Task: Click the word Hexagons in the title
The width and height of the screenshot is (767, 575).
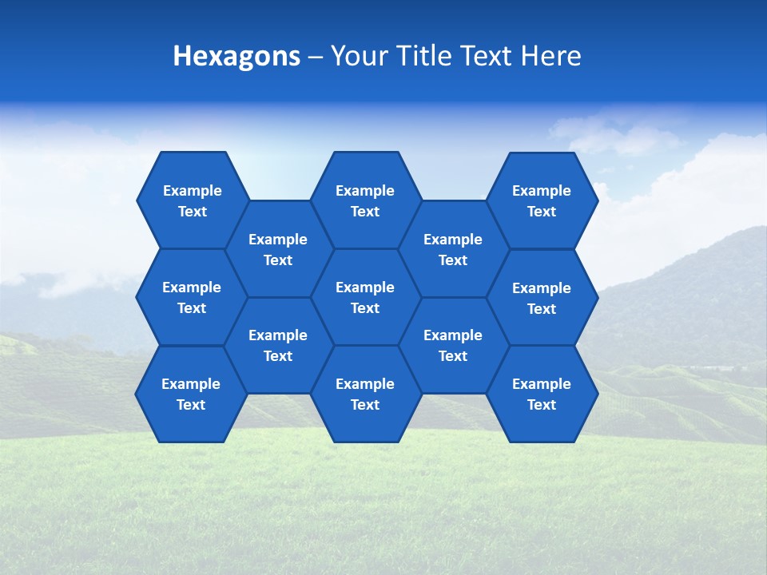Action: point(236,56)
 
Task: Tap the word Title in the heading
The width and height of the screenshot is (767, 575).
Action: point(423,56)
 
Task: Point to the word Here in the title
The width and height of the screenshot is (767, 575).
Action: point(551,56)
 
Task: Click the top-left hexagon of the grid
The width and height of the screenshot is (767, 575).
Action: point(192,200)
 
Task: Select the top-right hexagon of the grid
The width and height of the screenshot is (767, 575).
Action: point(542,200)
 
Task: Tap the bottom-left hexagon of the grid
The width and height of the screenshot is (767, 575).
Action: point(191,394)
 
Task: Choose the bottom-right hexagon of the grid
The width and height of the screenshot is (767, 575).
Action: point(542,394)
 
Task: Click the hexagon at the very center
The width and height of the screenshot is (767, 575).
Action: point(365,297)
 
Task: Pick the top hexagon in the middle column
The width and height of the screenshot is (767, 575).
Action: point(365,200)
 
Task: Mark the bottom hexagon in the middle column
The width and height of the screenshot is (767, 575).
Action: point(365,394)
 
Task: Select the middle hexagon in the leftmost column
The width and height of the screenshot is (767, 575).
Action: point(192,297)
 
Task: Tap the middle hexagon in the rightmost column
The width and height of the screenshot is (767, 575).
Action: point(542,298)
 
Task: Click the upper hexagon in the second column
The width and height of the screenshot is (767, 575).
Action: point(278,249)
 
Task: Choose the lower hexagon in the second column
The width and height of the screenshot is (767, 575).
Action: point(278,345)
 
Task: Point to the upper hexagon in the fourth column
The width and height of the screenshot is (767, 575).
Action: point(453,249)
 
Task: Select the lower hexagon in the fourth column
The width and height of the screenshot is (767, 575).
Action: point(453,345)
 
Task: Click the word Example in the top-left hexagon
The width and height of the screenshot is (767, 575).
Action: point(192,191)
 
